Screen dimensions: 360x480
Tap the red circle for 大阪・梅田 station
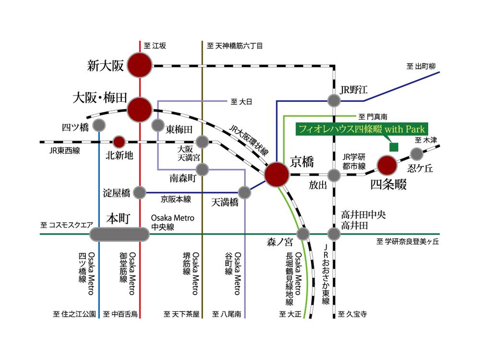coord(140,109)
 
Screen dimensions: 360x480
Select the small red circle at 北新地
coord(119,142)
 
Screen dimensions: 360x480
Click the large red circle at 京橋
coord(277,174)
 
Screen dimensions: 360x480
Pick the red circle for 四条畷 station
coord(387,166)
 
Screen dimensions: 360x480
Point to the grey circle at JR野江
coord(334,100)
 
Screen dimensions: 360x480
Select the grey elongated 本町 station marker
coord(119,234)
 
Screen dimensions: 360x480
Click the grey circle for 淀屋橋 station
coord(140,192)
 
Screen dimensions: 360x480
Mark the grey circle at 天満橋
coord(244,192)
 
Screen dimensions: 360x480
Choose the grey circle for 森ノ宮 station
coord(303,234)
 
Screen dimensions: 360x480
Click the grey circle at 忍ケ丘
coord(417,154)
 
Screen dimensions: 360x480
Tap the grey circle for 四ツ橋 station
coord(99,126)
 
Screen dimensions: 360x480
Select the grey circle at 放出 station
coord(334,174)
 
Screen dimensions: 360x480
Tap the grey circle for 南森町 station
coord(203,169)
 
